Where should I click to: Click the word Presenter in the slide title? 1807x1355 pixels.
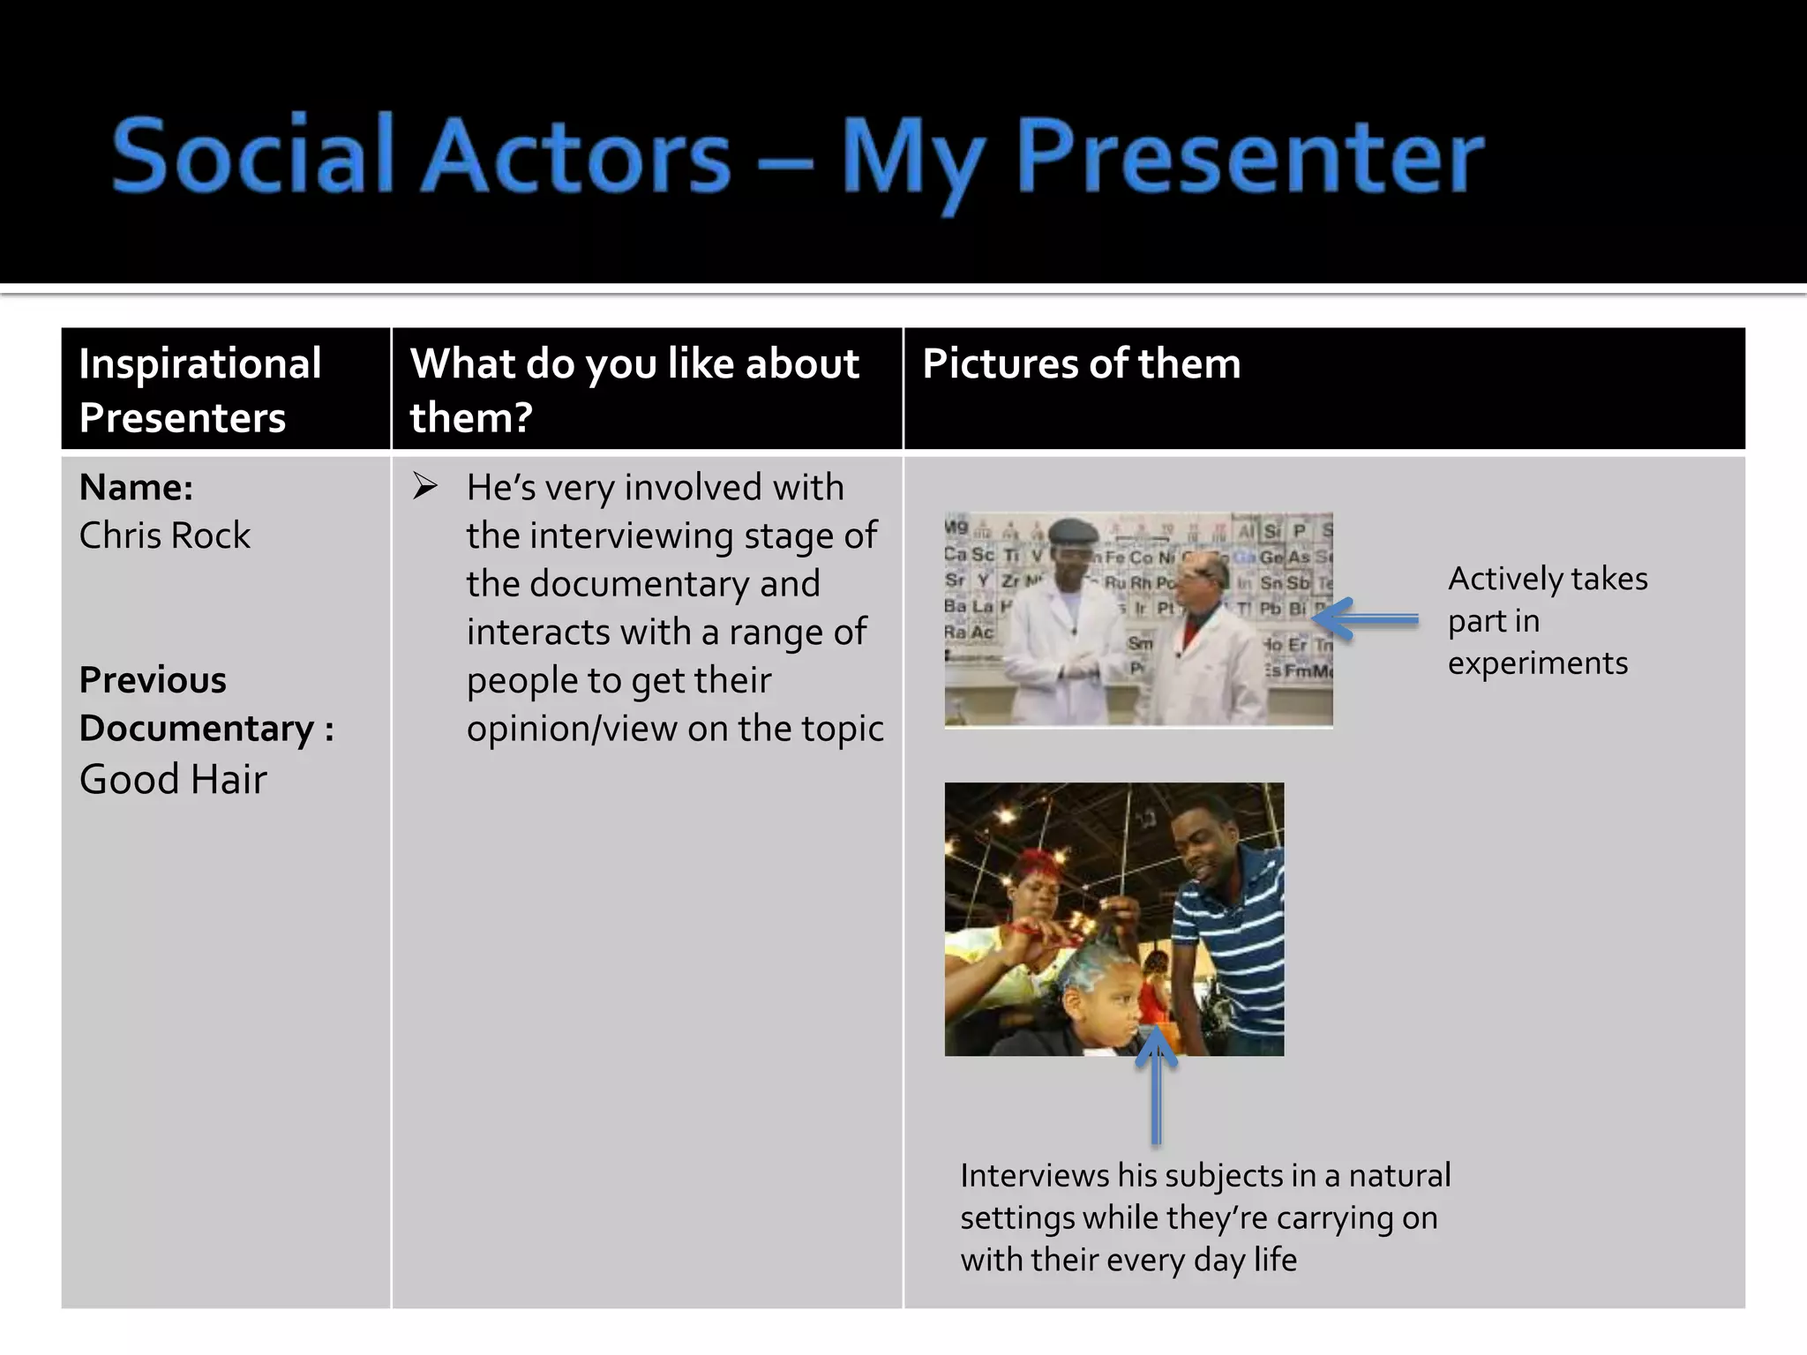point(1250,155)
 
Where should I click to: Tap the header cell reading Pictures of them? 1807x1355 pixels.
point(1081,363)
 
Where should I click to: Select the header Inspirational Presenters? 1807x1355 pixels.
point(199,389)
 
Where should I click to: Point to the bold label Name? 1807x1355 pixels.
point(136,487)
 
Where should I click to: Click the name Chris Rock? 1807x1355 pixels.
point(165,535)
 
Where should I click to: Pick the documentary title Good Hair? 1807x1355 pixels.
point(173,780)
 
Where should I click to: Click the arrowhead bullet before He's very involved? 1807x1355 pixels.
point(425,486)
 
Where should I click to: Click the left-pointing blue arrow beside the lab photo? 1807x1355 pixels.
point(1366,619)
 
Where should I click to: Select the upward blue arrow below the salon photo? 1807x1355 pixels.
point(1156,1085)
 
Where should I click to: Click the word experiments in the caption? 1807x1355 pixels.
point(1537,663)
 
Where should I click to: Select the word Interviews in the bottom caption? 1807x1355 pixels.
point(1034,1176)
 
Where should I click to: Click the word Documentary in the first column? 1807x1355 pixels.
point(196,729)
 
